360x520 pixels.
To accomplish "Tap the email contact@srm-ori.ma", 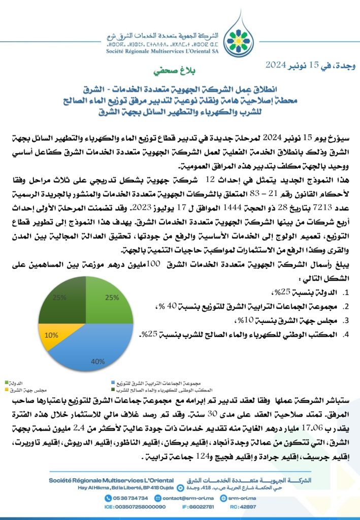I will pos(190,499).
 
